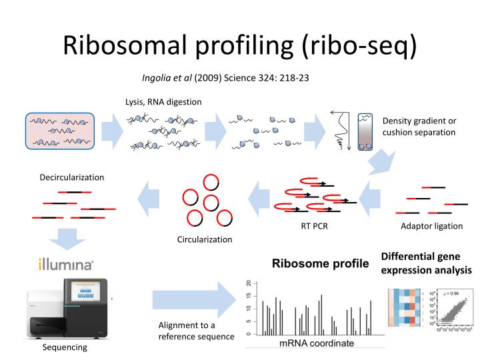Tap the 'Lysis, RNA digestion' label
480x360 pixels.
(163, 101)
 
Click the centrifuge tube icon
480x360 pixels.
(365, 131)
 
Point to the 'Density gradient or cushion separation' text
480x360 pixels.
(419, 126)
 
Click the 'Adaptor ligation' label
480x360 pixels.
(431, 226)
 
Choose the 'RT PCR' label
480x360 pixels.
(314, 226)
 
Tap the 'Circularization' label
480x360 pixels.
(205, 239)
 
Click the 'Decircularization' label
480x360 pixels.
(72, 177)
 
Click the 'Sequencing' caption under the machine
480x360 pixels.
(65, 347)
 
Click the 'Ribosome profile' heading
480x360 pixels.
(320, 263)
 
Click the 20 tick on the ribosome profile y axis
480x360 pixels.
(248, 283)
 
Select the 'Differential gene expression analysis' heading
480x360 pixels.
(426, 263)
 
